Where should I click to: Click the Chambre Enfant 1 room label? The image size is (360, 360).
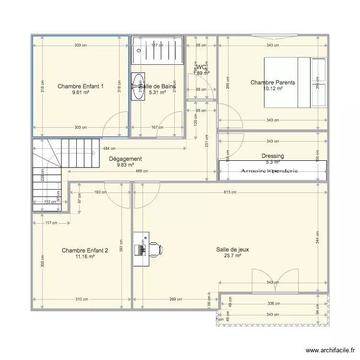tap(81, 86)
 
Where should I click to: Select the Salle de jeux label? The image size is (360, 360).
tap(232, 250)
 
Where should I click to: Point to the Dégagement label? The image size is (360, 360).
tap(125, 159)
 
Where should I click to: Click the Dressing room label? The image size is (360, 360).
tap(273, 156)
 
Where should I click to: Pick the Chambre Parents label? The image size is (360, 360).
tap(273, 83)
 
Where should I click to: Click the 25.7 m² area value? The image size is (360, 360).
tap(232, 256)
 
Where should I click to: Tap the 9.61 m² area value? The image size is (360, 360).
tap(81, 93)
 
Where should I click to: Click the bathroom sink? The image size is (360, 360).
tap(138, 86)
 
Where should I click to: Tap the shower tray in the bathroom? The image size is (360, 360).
tap(157, 49)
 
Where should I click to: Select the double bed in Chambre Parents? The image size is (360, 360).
tap(295, 83)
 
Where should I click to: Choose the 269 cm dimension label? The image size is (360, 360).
tap(176, 300)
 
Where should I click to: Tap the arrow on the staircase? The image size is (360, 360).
tap(93, 153)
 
